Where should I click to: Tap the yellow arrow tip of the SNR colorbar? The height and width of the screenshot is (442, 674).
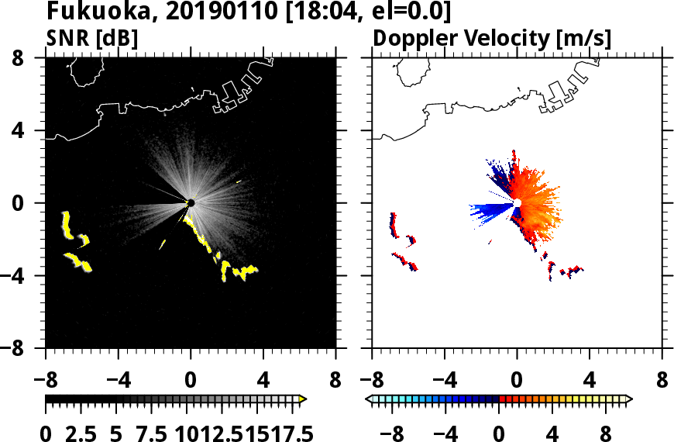pyautogui.click(x=303, y=399)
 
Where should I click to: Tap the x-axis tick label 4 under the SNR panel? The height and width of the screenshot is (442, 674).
pyautogui.click(x=263, y=381)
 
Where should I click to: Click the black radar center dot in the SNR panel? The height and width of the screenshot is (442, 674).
pyautogui.click(x=191, y=203)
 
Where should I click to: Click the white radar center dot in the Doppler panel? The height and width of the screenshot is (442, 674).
pyautogui.click(x=517, y=203)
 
